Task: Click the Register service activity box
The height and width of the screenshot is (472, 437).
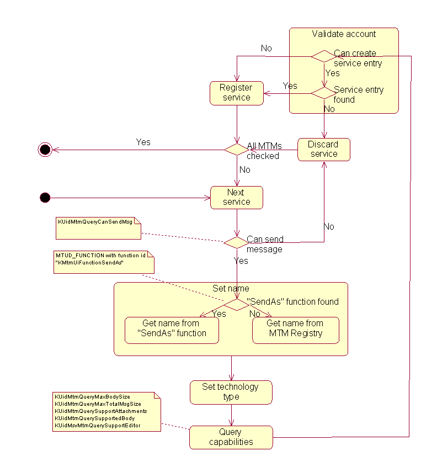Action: coord(236,93)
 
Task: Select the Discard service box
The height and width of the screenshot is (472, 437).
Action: coord(323,149)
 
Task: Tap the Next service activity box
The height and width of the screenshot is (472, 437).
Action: coord(236,197)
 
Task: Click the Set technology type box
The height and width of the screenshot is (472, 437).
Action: coord(231,392)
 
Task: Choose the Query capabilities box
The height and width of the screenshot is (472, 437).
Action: coord(231,437)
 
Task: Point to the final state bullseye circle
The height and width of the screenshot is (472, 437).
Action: coord(45,149)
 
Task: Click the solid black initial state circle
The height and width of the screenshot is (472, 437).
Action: coord(45,197)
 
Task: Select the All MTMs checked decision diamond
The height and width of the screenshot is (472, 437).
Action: coord(236,149)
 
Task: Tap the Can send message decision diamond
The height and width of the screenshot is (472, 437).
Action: coord(236,242)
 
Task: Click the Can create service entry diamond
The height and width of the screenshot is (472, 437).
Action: coord(323,56)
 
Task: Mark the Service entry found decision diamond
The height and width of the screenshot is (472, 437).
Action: coord(323,93)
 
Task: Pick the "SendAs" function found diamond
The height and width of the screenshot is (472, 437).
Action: coord(236,304)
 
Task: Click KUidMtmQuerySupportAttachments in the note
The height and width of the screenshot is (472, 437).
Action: coord(100,411)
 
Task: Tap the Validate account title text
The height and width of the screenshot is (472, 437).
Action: coord(344,34)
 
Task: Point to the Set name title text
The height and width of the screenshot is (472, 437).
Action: coord(231,288)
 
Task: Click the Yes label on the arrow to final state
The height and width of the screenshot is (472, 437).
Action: coord(143,142)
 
